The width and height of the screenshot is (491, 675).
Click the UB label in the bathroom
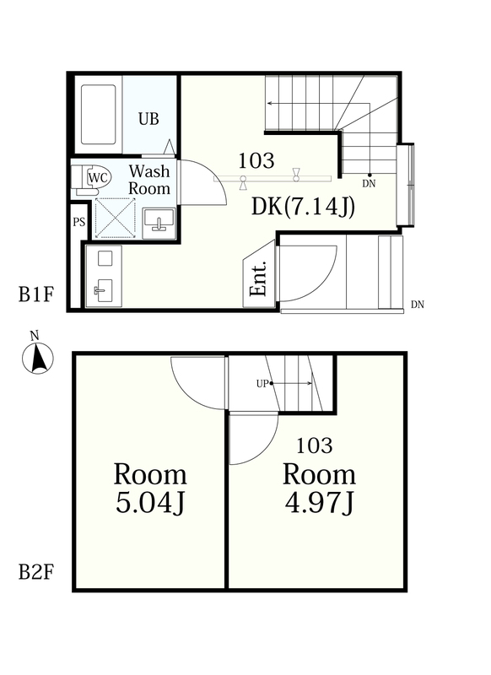point(148,118)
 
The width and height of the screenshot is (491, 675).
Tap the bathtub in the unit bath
point(99,114)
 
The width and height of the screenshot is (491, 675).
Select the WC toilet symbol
point(92,178)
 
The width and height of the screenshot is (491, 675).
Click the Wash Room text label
point(149,180)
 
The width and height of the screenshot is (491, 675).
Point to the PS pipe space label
point(78,222)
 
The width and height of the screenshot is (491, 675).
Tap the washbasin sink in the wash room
point(159,223)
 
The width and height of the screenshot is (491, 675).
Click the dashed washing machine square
point(115,218)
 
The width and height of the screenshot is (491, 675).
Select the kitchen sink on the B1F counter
point(103,290)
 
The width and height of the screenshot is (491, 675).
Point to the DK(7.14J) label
point(303,207)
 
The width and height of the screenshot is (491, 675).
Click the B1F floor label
point(36,294)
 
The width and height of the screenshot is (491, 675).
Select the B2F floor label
point(36,573)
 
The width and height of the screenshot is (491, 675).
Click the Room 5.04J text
point(150,489)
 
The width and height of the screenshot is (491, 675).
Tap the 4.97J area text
point(319,502)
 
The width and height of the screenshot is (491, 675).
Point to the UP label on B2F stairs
point(262,384)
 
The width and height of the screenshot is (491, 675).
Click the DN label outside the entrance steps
point(418,305)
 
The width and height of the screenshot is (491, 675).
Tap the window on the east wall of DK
point(406,184)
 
